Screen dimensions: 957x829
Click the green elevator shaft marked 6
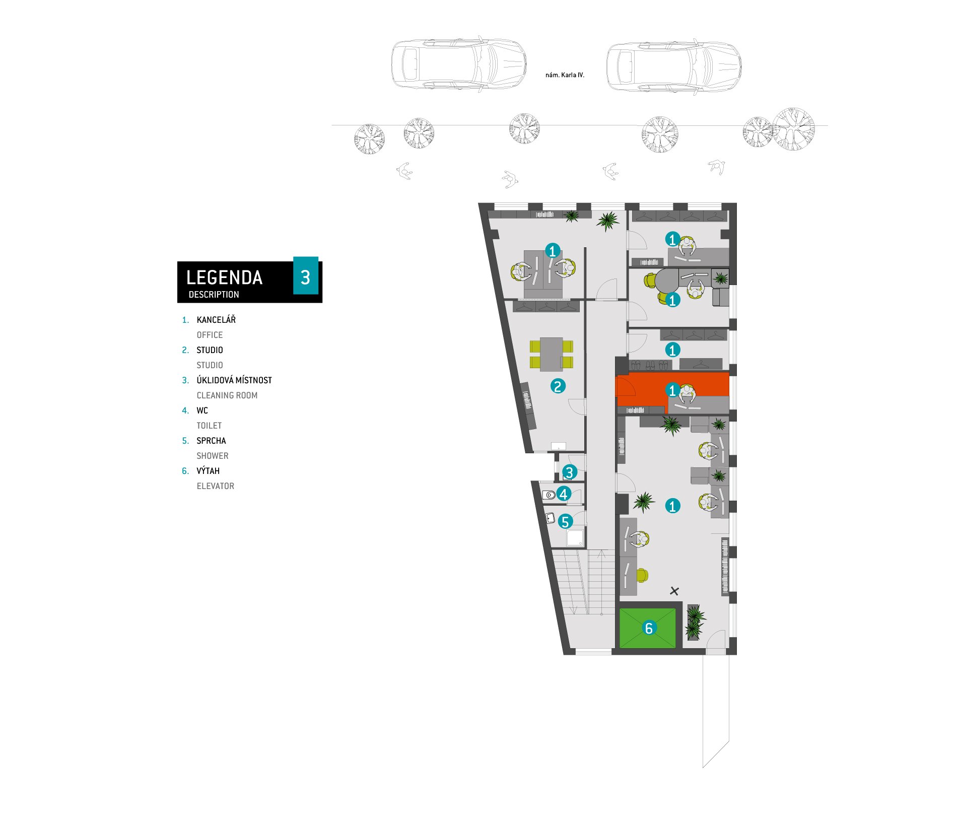[648, 628]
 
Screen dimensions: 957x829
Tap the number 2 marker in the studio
[558, 386]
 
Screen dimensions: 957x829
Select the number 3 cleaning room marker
[569, 472]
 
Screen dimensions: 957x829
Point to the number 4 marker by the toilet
[564, 494]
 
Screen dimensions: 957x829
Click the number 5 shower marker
[565, 522]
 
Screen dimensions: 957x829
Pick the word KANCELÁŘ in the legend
[216, 320]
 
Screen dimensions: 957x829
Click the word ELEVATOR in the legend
[216, 486]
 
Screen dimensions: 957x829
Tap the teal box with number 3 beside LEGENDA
[306, 275]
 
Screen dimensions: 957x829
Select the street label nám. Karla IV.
[565, 75]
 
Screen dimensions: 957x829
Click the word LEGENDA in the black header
[224, 278]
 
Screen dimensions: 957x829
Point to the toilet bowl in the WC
[549, 495]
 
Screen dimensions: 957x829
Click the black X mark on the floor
[674, 591]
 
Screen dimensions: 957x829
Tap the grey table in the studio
[552, 354]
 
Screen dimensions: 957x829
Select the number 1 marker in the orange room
[672, 390]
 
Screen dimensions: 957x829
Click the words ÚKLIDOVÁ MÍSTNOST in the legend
[234, 380]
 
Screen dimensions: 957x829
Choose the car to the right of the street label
[674, 66]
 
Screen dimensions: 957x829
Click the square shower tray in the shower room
[575, 537]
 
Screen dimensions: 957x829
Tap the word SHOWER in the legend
[213, 456]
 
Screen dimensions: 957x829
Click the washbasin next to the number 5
[551, 518]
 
